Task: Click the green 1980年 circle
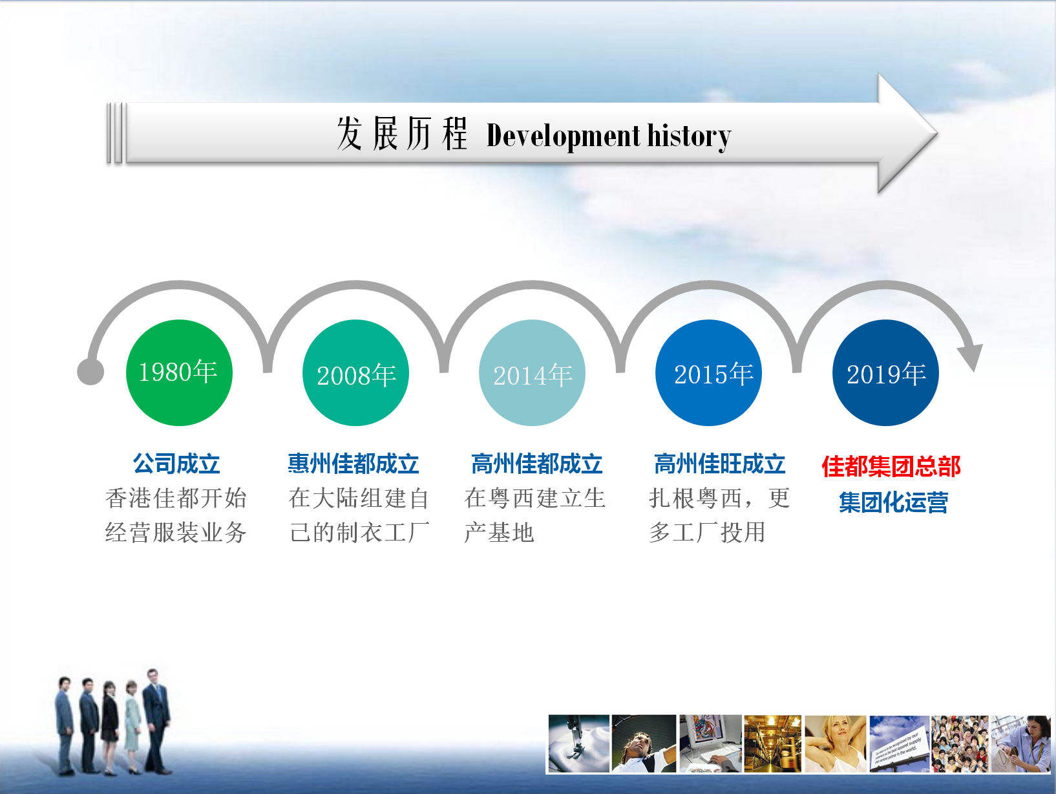point(179,373)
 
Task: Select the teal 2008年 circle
point(355,373)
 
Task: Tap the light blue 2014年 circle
point(532,373)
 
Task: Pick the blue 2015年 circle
point(709,373)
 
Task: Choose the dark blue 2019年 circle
point(885,373)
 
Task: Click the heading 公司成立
point(176,464)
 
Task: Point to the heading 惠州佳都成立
point(354,464)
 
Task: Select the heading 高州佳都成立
point(537,464)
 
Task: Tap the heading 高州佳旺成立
point(720,464)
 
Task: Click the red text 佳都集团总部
point(891,466)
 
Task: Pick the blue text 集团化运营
point(893,502)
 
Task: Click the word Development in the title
point(564,136)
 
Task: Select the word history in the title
point(689,136)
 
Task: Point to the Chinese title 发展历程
point(402,134)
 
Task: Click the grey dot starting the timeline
point(90,372)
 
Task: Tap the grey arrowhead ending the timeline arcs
point(971,357)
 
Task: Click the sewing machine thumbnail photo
point(579,744)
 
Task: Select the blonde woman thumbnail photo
point(835,744)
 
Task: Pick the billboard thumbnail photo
point(898,744)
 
